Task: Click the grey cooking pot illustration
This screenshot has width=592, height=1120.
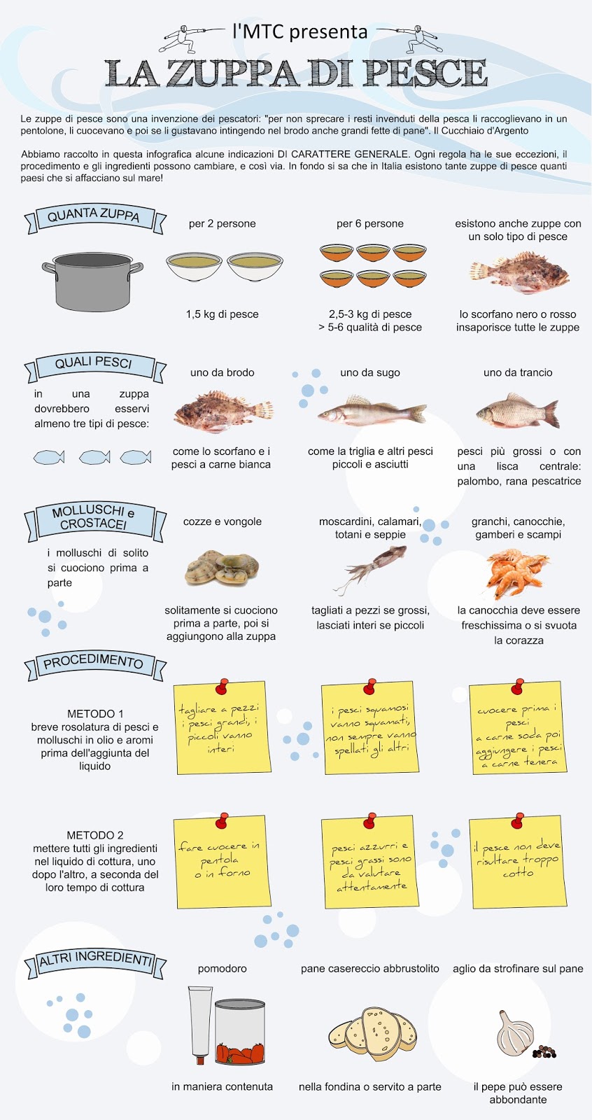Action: [92, 281]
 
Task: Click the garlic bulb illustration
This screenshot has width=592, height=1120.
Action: [516, 1032]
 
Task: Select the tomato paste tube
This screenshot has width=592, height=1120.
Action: [201, 1024]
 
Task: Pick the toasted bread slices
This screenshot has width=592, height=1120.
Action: [372, 1033]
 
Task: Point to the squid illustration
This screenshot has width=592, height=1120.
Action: [370, 568]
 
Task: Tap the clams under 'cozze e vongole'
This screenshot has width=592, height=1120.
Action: [223, 568]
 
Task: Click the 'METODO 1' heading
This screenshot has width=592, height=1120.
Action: [95, 713]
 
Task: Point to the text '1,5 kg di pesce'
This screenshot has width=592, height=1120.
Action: [223, 314]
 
